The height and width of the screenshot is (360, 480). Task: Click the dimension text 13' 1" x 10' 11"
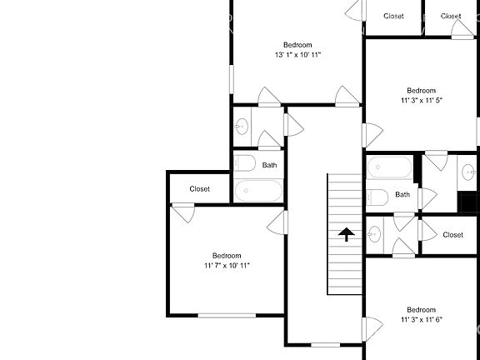click(x=297, y=55)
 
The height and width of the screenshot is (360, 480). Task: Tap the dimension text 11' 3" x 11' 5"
click(x=421, y=101)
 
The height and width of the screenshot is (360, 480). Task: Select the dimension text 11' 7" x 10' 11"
click(x=227, y=266)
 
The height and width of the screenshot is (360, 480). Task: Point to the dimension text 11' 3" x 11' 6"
click(x=421, y=319)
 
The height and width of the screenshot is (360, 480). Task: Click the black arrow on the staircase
click(x=345, y=235)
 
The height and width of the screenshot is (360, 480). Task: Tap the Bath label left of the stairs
click(x=270, y=165)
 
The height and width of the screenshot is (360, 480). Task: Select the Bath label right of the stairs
click(x=402, y=195)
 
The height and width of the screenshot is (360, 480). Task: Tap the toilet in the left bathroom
click(x=244, y=163)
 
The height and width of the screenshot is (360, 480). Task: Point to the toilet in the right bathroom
click(x=376, y=198)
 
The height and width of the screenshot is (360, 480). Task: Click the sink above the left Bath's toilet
click(x=242, y=127)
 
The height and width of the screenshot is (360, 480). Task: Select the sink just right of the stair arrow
click(x=374, y=233)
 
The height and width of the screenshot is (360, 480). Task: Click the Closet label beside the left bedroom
click(x=200, y=189)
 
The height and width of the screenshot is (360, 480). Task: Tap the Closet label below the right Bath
click(x=452, y=235)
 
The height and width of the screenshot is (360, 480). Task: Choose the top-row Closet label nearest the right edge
click(x=451, y=16)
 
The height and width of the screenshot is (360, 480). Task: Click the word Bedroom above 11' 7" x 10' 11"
click(x=227, y=255)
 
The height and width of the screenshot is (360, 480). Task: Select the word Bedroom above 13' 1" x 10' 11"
click(x=297, y=44)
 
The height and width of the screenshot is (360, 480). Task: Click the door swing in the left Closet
click(x=183, y=212)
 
